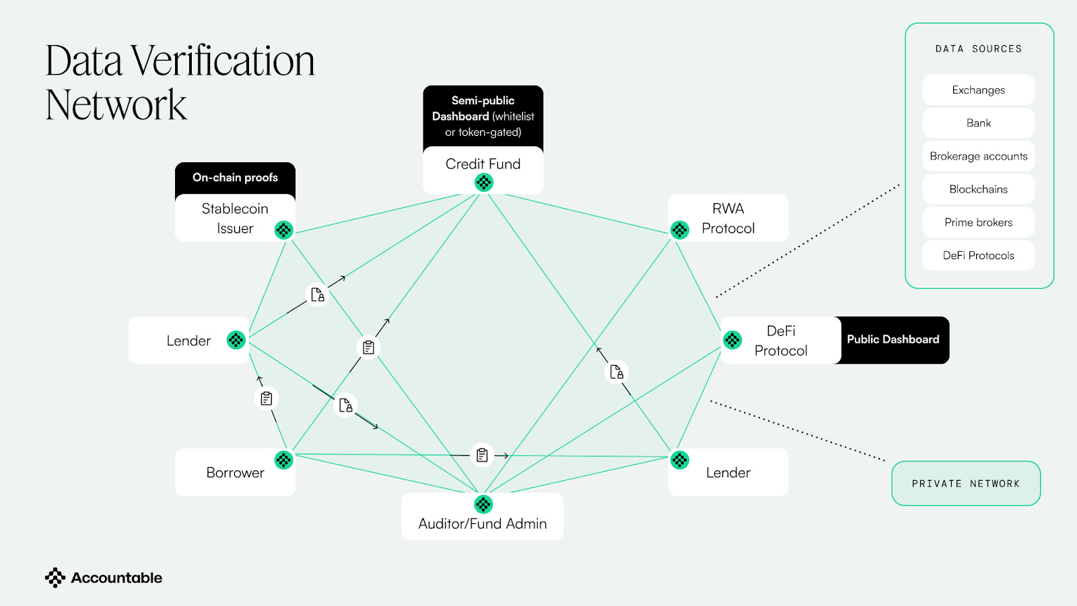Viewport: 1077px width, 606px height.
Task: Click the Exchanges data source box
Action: (978, 90)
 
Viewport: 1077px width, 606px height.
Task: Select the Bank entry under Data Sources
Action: (978, 123)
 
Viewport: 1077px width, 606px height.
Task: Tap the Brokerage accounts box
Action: (978, 156)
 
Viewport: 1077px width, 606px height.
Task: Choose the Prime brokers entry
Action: (978, 222)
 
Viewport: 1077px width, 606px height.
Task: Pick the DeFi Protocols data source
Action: (978, 256)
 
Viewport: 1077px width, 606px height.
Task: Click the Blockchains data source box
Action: (978, 189)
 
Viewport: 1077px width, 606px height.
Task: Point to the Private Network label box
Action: (966, 483)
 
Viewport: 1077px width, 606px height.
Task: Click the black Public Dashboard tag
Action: (893, 340)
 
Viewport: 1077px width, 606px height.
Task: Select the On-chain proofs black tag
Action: (235, 178)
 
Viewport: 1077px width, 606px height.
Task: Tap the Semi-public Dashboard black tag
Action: (483, 116)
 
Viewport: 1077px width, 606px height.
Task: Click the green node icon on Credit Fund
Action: (484, 182)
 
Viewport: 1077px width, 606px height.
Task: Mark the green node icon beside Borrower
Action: (284, 460)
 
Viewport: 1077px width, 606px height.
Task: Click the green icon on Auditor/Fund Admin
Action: (483, 504)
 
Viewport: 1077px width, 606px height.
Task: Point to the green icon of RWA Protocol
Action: (680, 230)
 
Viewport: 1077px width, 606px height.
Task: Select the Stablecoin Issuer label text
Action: (235, 218)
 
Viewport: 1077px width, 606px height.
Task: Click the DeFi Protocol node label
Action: (781, 341)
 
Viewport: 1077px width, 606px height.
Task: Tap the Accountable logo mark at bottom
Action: (55, 578)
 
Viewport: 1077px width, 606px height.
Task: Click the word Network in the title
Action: (116, 105)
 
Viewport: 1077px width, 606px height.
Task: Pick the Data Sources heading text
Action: (978, 49)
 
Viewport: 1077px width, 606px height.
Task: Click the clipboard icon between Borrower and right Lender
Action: (482, 455)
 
